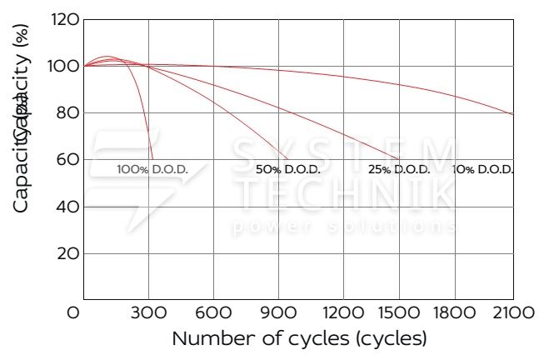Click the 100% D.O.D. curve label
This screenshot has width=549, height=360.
pos(152,169)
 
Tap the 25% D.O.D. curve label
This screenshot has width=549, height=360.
pos(399,169)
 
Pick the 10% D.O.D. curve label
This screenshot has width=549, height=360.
pos(482,169)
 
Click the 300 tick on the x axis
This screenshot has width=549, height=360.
pos(148,313)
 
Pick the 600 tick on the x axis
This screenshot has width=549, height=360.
pos(213,313)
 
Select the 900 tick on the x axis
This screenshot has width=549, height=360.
pos(278,313)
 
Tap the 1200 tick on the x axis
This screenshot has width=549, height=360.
pos(343,313)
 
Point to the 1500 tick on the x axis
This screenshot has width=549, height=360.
pos(408,313)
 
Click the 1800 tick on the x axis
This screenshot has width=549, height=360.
pos(473,313)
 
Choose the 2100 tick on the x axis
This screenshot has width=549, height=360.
pos(512,313)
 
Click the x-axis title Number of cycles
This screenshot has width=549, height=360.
pos(299,339)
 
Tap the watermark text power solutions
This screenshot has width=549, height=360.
pos(345,227)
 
